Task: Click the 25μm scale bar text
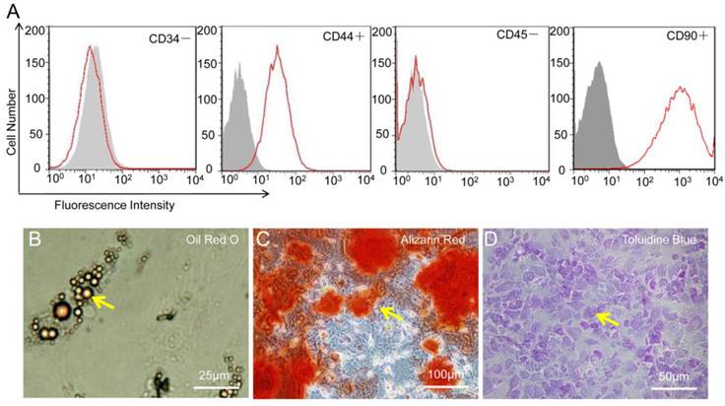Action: pyautogui.click(x=214, y=374)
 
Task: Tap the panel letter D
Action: pyautogui.click(x=492, y=240)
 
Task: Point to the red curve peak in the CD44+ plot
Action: pyautogui.click(x=278, y=45)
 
